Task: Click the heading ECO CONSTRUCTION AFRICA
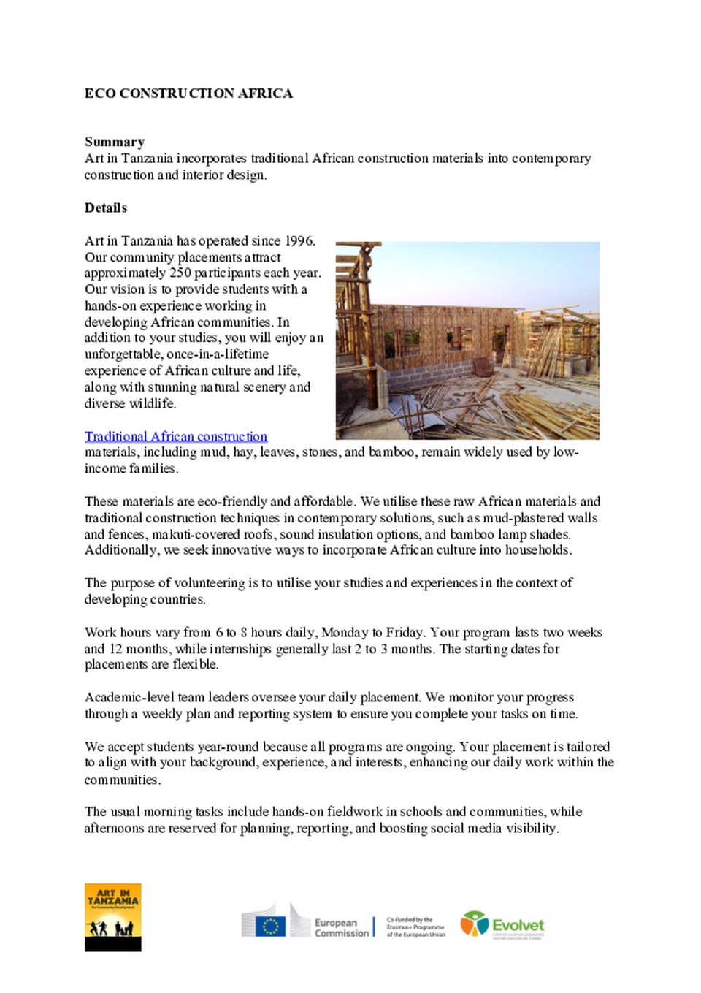[188, 94]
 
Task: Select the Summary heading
[115, 142]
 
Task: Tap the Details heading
[106, 208]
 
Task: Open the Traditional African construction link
[176, 436]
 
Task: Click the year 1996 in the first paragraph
[299, 241]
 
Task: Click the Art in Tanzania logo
[112, 917]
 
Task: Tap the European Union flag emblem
[270, 927]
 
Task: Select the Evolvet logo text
[518, 925]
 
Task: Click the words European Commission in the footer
[341, 928]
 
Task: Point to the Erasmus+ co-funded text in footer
[415, 927]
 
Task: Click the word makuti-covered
[196, 534]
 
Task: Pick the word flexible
[195, 664]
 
